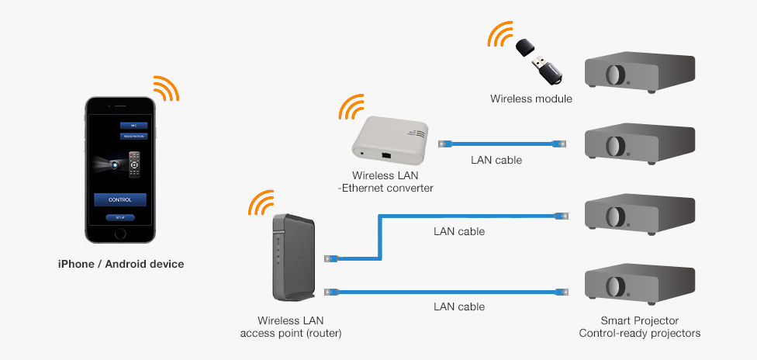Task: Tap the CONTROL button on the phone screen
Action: click(120, 199)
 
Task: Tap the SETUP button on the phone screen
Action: click(120, 218)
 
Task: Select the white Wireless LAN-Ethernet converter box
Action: click(390, 144)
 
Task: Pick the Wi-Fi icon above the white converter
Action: click(351, 107)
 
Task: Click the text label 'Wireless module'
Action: click(531, 99)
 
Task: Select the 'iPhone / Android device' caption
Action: click(121, 264)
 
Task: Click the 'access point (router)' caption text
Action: click(291, 333)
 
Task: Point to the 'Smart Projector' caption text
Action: click(640, 320)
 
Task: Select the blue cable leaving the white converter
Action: click(500, 144)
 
